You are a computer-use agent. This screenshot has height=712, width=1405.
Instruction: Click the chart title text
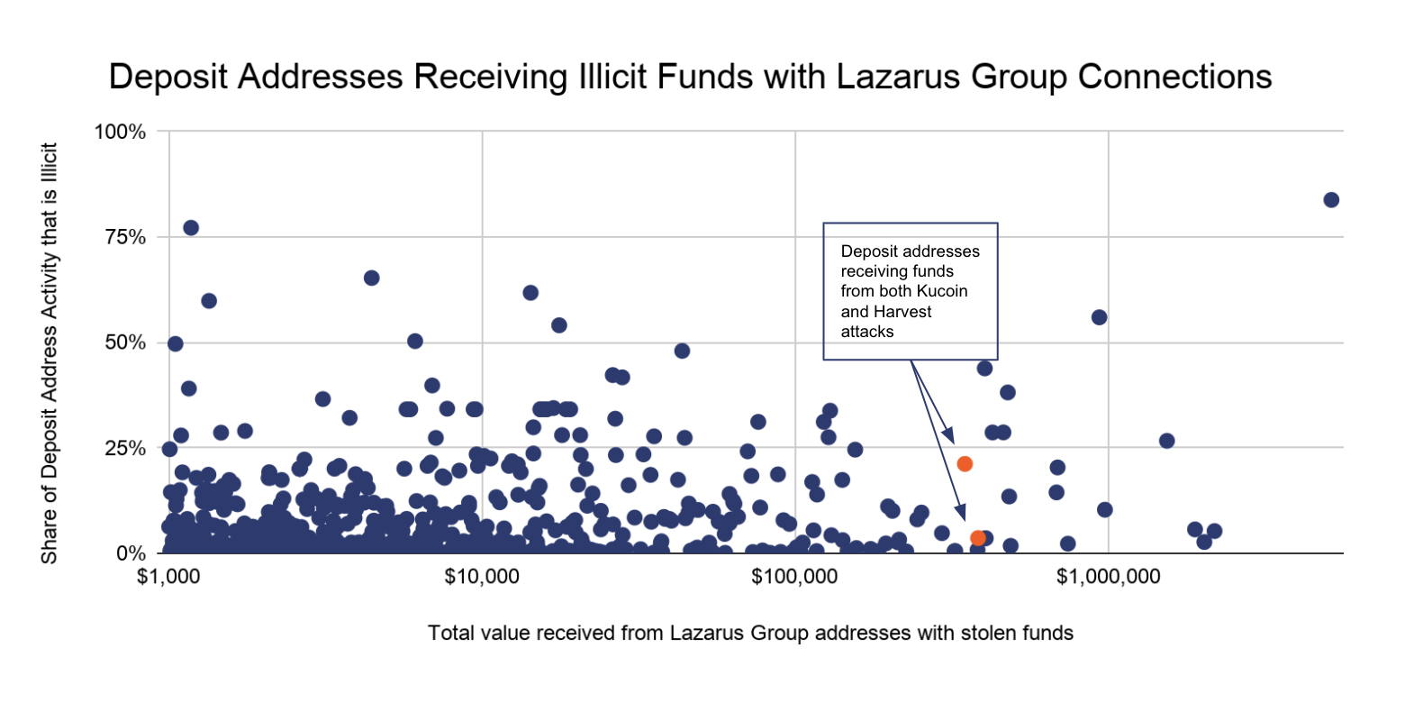(x=690, y=78)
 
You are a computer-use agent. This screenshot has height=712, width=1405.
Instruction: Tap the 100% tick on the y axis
(x=120, y=132)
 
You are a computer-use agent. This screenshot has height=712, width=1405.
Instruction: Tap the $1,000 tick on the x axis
(x=168, y=576)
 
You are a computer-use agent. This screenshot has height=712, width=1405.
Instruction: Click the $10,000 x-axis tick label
(x=482, y=576)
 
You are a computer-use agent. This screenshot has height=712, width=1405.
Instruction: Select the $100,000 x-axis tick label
(x=794, y=576)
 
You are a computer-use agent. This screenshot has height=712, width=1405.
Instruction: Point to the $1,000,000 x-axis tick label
(x=1108, y=576)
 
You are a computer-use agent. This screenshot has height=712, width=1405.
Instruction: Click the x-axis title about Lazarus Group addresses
(x=750, y=633)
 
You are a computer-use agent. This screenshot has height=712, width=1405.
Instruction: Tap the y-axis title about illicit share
(x=50, y=353)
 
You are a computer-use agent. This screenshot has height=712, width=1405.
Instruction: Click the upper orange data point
(x=965, y=464)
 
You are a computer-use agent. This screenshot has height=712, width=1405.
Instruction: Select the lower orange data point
(x=978, y=538)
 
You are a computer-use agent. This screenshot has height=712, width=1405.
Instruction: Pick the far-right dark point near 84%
(x=1331, y=199)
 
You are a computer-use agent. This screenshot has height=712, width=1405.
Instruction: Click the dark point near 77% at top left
(x=191, y=228)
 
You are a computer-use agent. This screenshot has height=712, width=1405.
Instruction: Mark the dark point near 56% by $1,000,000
(x=1099, y=317)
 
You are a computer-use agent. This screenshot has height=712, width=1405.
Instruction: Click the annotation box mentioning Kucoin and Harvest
(x=911, y=291)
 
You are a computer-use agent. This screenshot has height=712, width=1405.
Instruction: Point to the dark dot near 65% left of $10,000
(x=371, y=278)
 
